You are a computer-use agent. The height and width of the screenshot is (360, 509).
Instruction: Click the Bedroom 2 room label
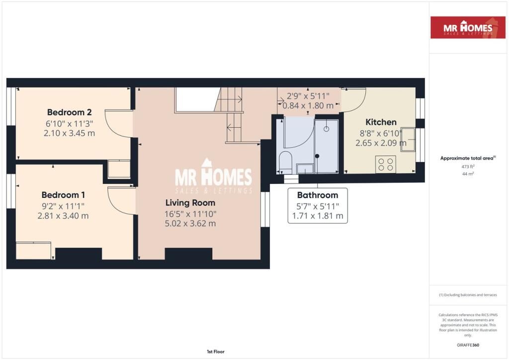click(x=69, y=112)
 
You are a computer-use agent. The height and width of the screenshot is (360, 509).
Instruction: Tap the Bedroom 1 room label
click(x=63, y=195)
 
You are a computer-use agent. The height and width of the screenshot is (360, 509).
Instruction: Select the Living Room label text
click(x=190, y=203)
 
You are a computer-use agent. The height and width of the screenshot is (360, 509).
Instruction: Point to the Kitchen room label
click(x=381, y=122)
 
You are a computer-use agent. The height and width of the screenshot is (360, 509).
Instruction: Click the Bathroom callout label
click(x=317, y=195)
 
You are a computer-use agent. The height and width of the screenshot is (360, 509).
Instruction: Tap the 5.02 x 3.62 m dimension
click(x=190, y=223)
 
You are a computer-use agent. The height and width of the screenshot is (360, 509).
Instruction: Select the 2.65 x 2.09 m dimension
click(x=381, y=143)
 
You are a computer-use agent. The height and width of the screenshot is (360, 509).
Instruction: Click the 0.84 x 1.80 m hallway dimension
click(x=308, y=105)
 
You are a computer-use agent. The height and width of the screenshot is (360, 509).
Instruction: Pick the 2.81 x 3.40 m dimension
click(x=63, y=216)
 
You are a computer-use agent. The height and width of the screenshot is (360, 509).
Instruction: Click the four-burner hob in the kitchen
click(x=385, y=164)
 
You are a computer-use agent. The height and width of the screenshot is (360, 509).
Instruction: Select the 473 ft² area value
click(x=468, y=167)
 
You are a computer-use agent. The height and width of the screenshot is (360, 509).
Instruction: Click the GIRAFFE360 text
click(x=468, y=345)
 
